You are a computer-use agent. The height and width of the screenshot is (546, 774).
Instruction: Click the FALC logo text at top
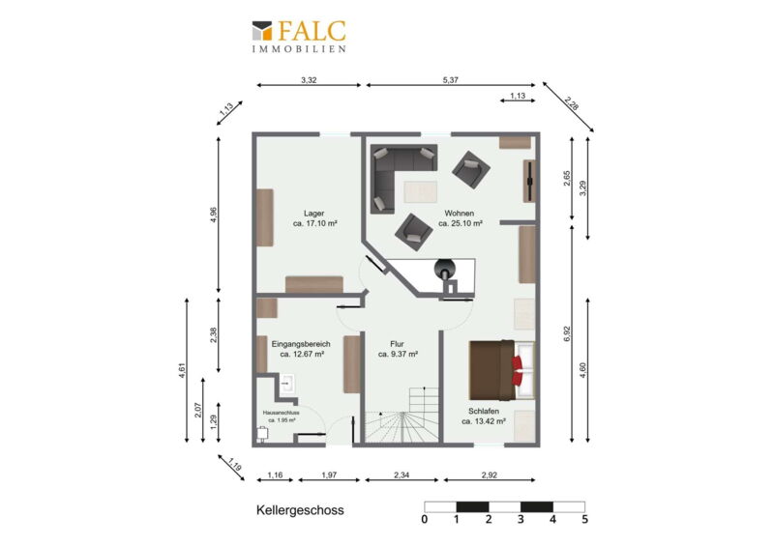pos(312,31)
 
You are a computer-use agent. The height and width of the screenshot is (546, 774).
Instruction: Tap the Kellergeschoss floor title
pos(300,510)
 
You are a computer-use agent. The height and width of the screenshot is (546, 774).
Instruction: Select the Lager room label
pos(313,213)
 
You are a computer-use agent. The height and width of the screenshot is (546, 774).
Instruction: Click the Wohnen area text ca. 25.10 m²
pos(461,223)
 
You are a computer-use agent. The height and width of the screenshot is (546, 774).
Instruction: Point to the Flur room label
pos(397,344)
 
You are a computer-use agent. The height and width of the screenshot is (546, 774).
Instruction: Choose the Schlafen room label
pos(484,411)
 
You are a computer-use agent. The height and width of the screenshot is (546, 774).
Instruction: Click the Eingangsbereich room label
pos(301,344)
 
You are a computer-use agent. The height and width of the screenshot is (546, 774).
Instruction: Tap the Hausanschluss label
pos(282,413)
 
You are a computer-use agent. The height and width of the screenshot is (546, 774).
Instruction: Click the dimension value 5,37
pos(450,80)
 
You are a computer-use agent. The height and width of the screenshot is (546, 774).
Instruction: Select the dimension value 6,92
pos(567,334)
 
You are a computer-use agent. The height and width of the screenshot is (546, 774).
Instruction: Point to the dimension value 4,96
pos(213,215)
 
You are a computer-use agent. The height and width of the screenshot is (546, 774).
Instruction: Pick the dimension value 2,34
pos(402,475)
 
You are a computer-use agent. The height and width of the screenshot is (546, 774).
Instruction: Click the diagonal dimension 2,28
pos(572,103)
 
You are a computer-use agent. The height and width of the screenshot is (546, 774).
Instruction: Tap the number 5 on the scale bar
pos(585,519)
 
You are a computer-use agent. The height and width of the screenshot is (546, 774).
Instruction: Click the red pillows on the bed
pos(517,370)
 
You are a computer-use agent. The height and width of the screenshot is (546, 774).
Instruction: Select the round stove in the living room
pos(444,269)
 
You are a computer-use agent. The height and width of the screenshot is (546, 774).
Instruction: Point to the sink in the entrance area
pos(286,384)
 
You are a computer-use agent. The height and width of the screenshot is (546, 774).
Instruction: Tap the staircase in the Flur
pos(402,416)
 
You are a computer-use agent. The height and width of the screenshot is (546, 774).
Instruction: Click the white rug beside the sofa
pos(421,191)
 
